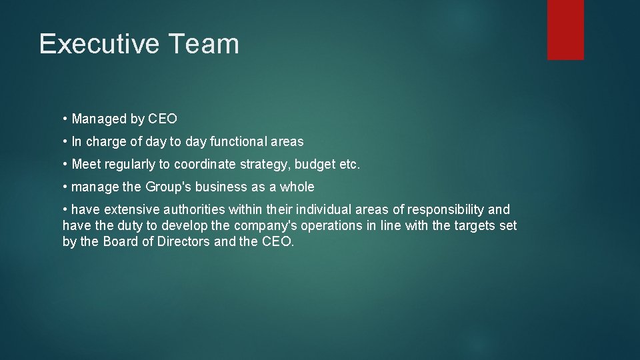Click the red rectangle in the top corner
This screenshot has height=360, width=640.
coord(565,30)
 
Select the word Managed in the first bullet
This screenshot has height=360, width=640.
coord(99,119)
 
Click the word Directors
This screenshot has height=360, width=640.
coord(183,241)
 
